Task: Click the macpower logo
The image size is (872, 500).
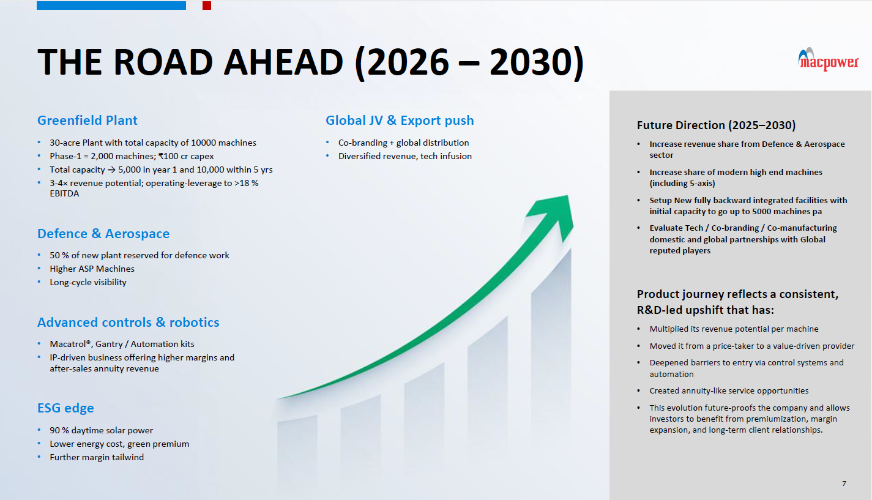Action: (x=828, y=60)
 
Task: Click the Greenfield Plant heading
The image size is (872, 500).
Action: (x=87, y=121)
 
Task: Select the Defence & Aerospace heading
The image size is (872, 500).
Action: (x=103, y=233)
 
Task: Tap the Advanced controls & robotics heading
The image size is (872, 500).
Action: (x=128, y=322)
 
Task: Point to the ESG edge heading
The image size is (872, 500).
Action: (x=65, y=408)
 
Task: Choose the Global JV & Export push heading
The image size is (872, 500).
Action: (x=400, y=121)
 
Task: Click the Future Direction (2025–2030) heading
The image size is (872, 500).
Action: (x=717, y=125)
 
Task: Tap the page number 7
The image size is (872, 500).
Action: (x=844, y=483)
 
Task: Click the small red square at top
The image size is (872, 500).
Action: (x=207, y=5)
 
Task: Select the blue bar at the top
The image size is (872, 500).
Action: (x=111, y=5)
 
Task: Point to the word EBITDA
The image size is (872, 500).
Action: (x=64, y=193)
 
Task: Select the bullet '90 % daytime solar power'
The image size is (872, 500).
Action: (x=101, y=430)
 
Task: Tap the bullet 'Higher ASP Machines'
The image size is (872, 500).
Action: (x=92, y=269)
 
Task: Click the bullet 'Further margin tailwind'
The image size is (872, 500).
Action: (x=97, y=457)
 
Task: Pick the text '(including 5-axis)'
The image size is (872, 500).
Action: (x=682, y=184)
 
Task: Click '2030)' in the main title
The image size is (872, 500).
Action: (x=537, y=62)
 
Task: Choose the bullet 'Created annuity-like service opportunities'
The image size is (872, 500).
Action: (x=729, y=390)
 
